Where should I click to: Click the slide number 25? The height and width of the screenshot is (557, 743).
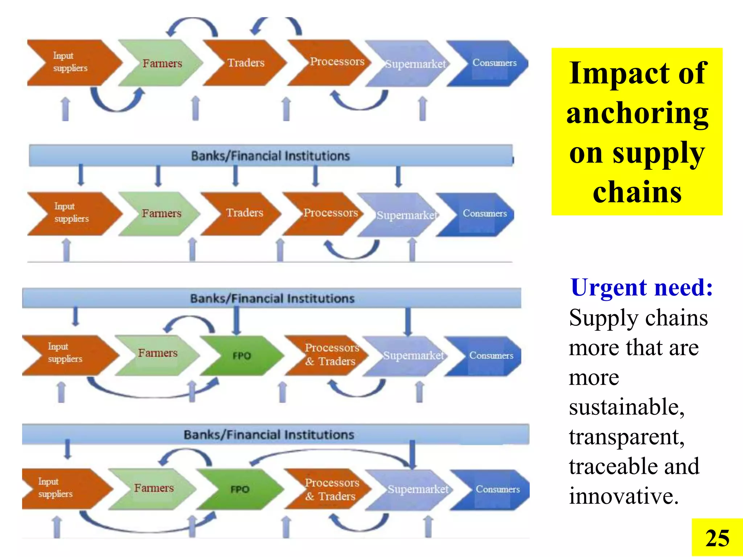pyautogui.click(x=717, y=538)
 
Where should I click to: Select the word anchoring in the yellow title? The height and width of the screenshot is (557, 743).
pyautogui.click(x=637, y=114)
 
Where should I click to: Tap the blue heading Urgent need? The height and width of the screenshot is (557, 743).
pyautogui.click(x=641, y=287)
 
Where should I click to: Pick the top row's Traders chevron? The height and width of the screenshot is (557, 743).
pyautogui.click(x=246, y=63)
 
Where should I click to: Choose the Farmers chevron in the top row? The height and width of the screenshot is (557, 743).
pyautogui.click(x=162, y=63)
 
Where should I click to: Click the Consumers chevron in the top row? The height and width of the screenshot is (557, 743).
pyautogui.click(x=494, y=63)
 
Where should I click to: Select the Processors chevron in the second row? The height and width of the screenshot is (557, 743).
pyautogui.click(x=330, y=213)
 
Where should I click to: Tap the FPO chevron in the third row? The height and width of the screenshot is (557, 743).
pyautogui.click(x=242, y=356)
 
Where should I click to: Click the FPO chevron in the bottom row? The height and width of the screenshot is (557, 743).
pyautogui.click(x=240, y=490)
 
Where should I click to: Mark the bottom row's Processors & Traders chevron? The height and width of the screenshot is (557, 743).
pyautogui.click(x=331, y=489)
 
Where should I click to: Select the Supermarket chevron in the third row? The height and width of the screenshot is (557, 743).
pyautogui.click(x=413, y=356)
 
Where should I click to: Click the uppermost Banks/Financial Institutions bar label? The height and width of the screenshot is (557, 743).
pyautogui.click(x=270, y=156)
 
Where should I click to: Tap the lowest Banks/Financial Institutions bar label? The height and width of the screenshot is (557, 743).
pyautogui.click(x=269, y=434)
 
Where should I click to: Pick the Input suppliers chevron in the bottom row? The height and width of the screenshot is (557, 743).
pyautogui.click(x=56, y=488)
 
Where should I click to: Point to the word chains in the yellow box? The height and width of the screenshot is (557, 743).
pyautogui.click(x=637, y=192)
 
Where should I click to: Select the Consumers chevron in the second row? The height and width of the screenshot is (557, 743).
pyautogui.click(x=484, y=214)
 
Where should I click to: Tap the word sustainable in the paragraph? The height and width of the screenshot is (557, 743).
pyautogui.click(x=626, y=407)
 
